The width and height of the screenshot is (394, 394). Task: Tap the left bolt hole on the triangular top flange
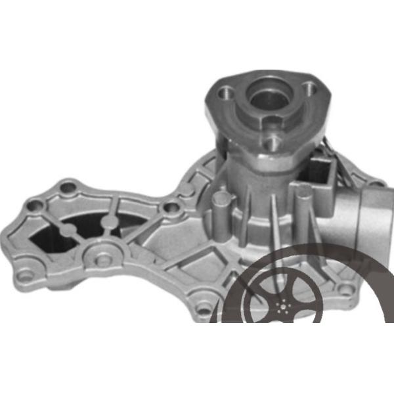coord(227,92)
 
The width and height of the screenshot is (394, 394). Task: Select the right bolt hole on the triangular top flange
coord(307,86)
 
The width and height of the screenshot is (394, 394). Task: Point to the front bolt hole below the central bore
coord(271,139)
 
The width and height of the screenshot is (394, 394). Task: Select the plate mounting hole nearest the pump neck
coord(172,209)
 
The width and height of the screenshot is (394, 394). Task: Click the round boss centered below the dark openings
coord(102,259)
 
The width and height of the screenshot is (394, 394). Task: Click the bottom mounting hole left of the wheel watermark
coord(204,307)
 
